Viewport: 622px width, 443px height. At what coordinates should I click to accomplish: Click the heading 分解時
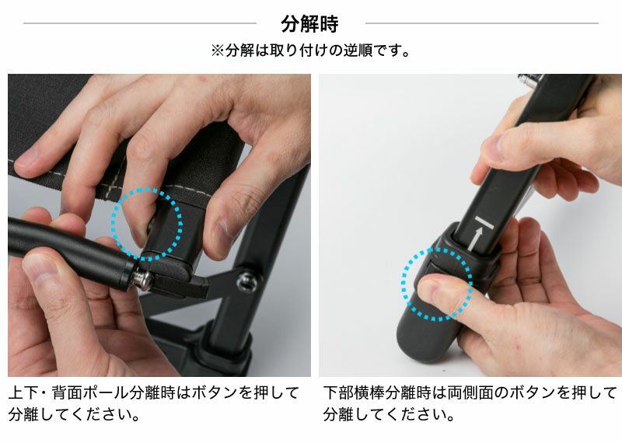309,24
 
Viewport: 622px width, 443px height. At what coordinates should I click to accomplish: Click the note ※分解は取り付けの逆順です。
310,51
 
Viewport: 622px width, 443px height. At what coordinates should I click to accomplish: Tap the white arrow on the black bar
476,239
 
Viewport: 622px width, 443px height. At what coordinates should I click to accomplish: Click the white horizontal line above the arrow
484,222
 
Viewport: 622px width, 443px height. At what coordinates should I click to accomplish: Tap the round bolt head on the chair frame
246,282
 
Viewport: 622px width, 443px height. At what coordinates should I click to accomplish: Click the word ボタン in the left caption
215,392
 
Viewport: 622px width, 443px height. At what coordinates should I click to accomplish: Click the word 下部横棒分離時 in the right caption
377,392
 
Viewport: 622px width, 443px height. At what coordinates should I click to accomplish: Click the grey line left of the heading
140,23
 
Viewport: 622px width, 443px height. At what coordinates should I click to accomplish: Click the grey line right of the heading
481,23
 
